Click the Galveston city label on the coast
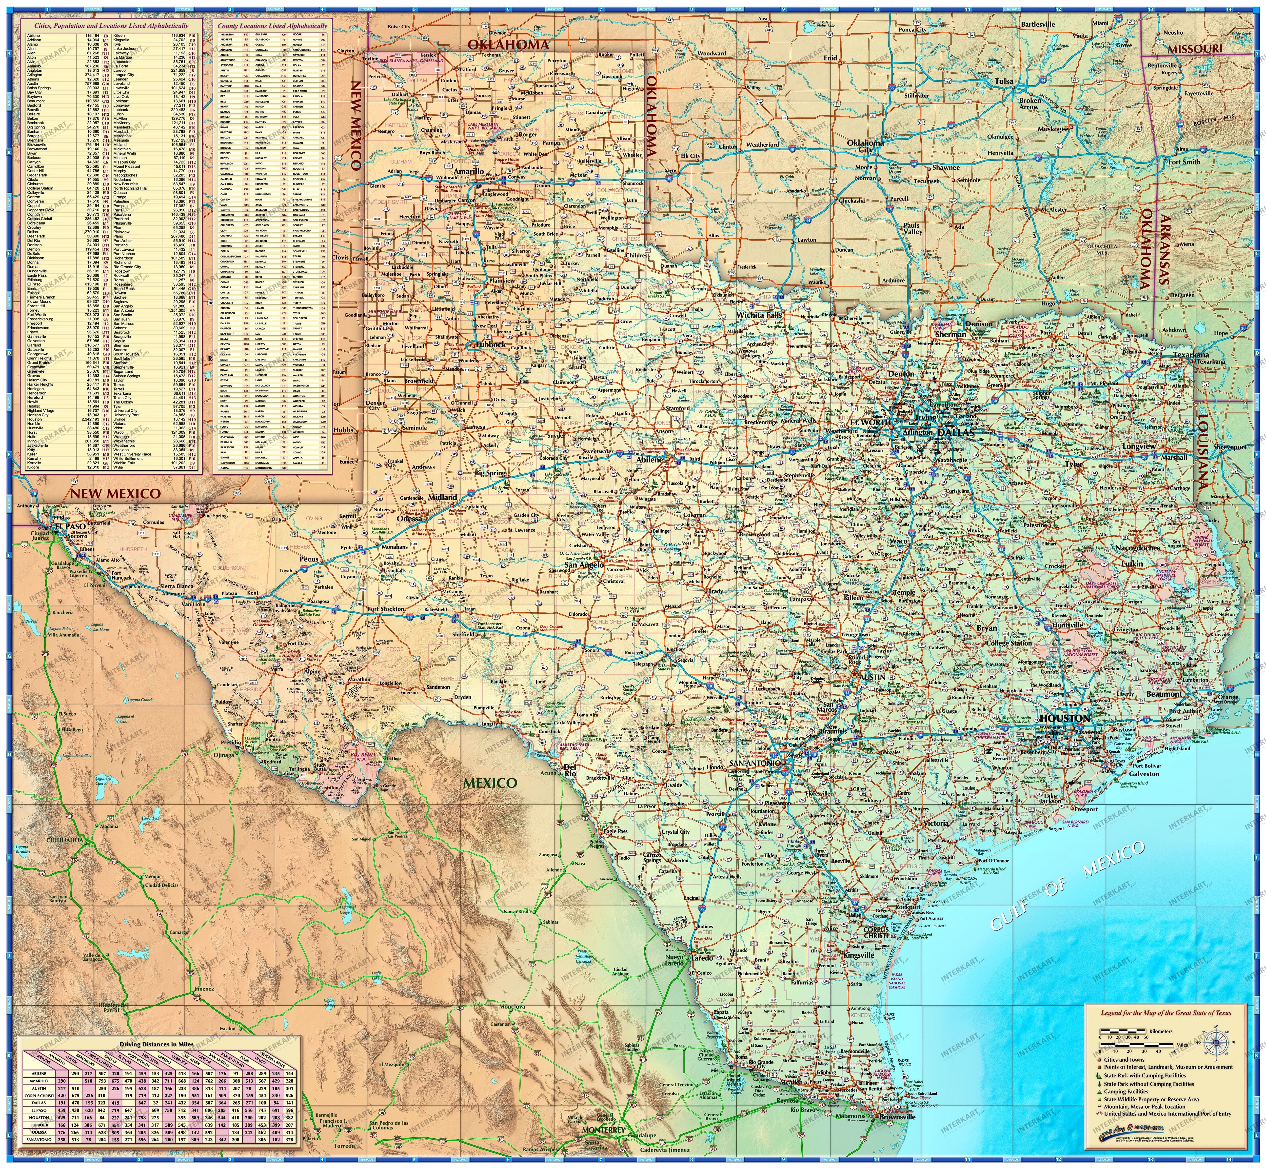tap(1144, 774)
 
